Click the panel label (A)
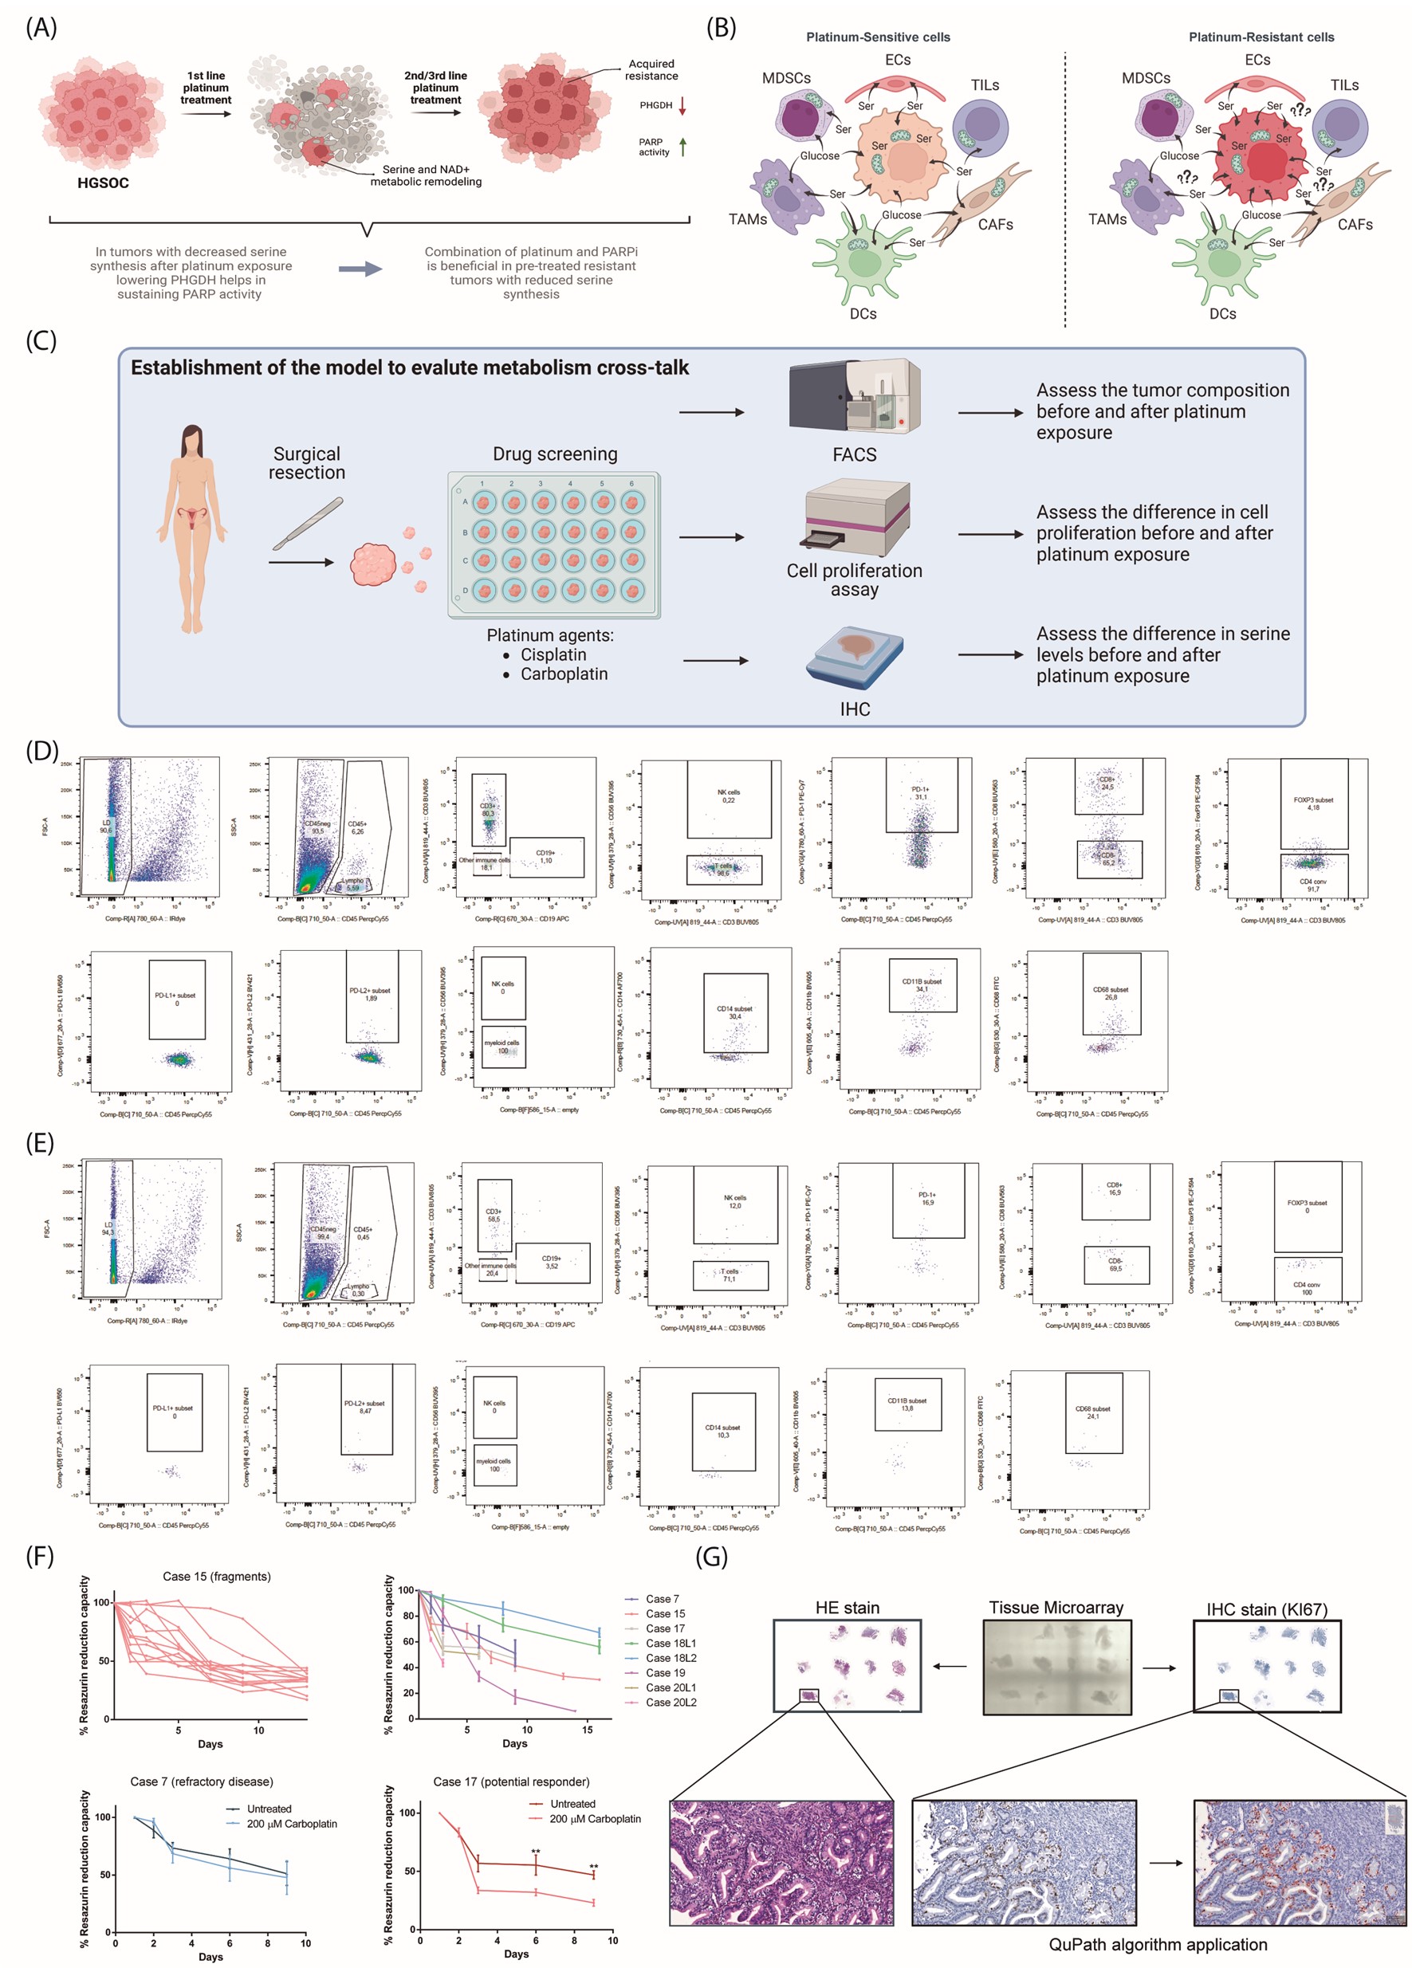pyautogui.click(x=41, y=28)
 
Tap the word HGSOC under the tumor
pyautogui.click(x=102, y=183)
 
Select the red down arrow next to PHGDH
pyautogui.click(x=682, y=106)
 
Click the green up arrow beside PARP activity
pyautogui.click(x=683, y=147)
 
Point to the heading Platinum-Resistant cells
pyautogui.click(x=1261, y=37)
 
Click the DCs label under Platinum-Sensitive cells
pyautogui.click(x=863, y=314)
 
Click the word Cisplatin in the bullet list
pyautogui.click(x=553, y=654)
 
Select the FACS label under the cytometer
pyautogui.click(x=854, y=454)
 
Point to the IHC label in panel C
pyautogui.click(x=854, y=709)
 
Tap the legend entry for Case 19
pyautogui.click(x=665, y=1672)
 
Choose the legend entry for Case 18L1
pyautogui.click(x=670, y=1643)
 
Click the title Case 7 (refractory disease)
pyautogui.click(x=202, y=1781)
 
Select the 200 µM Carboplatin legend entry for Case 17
pyautogui.click(x=595, y=1819)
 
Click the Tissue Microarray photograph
pyautogui.click(x=1056, y=1667)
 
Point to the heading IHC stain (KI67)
pyautogui.click(x=1266, y=1609)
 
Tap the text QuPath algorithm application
pyautogui.click(x=1158, y=1945)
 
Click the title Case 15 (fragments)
pyautogui.click(x=217, y=1577)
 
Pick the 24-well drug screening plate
pyautogui.click(x=553, y=545)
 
